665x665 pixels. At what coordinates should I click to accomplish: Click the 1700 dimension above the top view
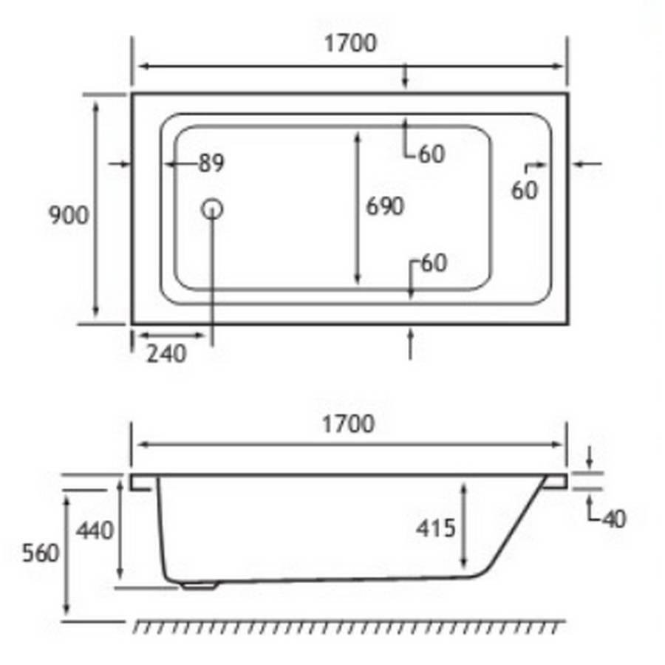point(349,44)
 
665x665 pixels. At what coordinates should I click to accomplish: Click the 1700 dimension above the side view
point(348,424)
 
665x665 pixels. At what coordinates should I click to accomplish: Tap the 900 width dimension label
point(68,215)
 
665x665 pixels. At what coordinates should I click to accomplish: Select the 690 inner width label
point(385,206)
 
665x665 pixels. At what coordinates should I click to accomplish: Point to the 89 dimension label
point(211,163)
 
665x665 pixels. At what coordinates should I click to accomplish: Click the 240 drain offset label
point(166,354)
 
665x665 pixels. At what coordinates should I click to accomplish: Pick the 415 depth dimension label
point(435,528)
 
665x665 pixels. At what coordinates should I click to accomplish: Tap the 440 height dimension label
point(96,530)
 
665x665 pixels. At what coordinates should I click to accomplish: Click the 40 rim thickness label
point(613,519)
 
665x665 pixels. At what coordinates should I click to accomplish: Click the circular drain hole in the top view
point(212,209)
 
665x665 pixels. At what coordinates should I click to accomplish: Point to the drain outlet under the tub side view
point(198,587)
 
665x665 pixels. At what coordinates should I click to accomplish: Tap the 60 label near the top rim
point(432,154)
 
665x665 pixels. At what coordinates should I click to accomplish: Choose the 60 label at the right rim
point(525,191)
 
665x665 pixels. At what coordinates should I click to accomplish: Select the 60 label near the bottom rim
point(434,262)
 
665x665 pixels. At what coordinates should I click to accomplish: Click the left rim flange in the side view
point(141,482)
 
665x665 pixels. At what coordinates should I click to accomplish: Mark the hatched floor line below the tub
point(347,627)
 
